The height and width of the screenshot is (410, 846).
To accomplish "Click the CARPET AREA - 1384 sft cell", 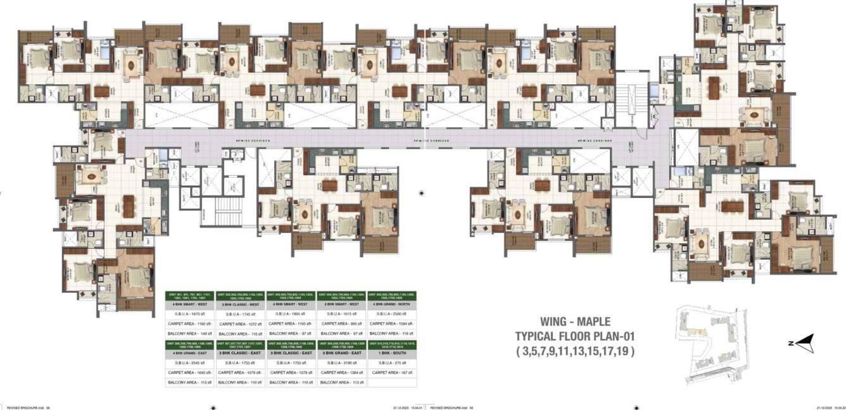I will click(342, 373).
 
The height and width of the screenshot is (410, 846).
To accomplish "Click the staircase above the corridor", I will click(628, 101).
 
